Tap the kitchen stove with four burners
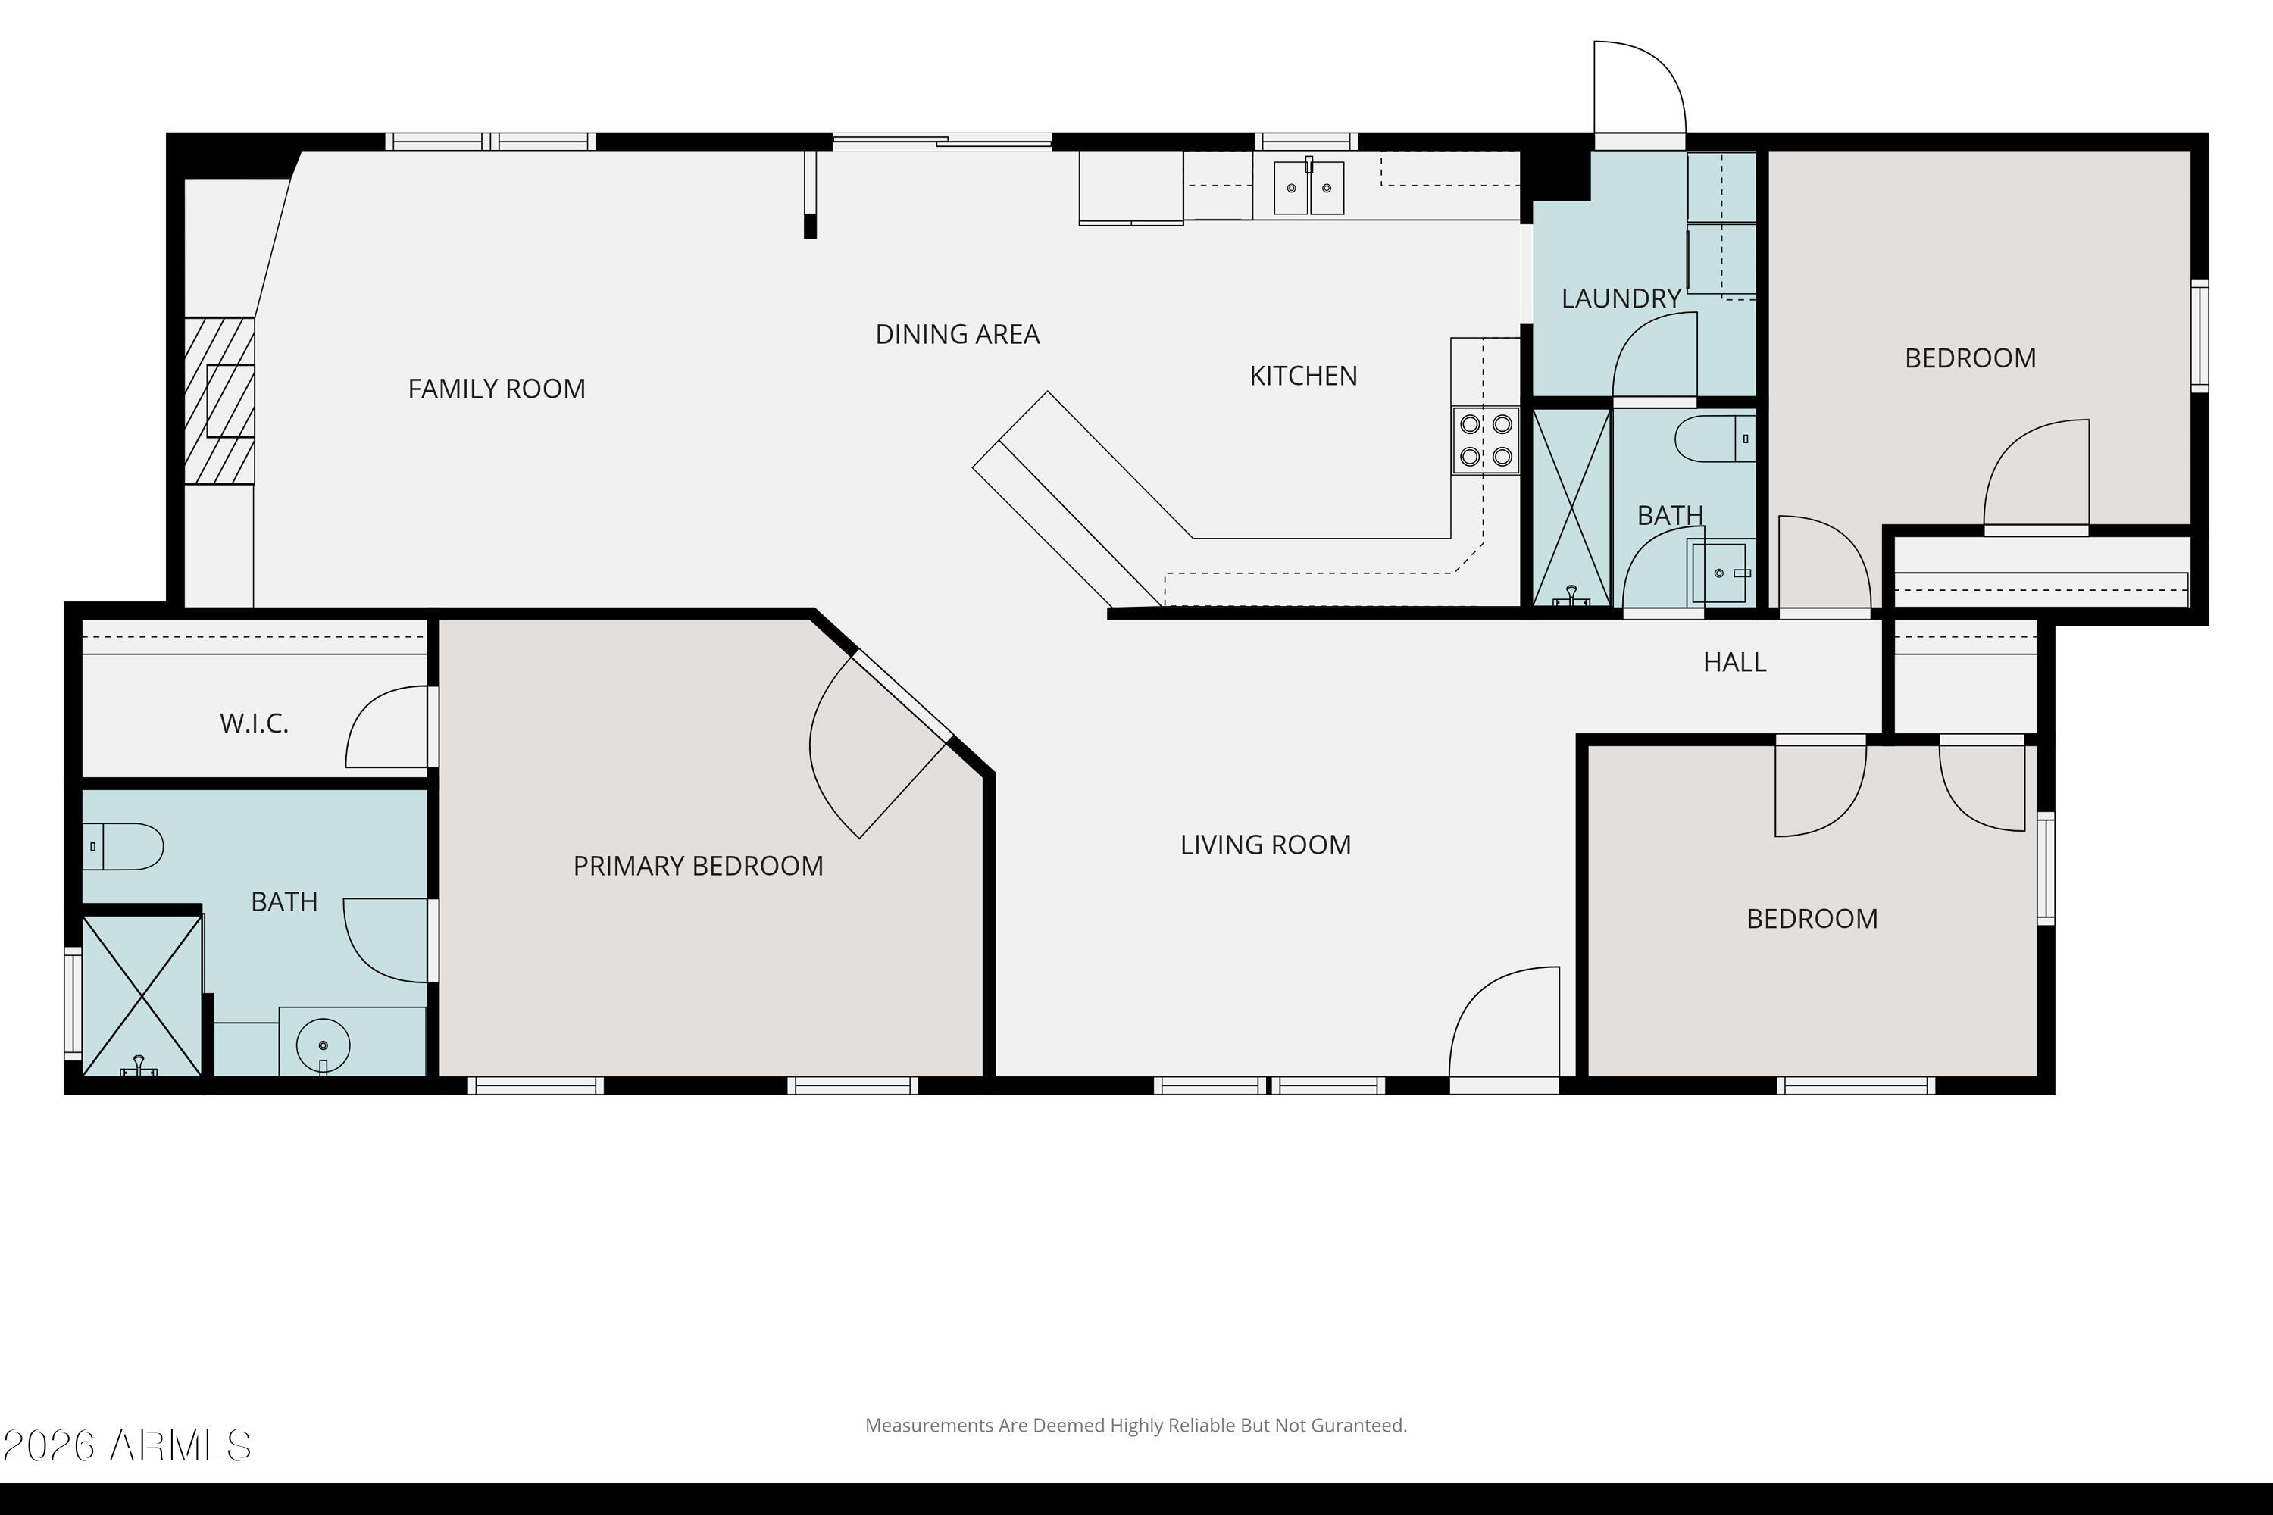pos(1485,441)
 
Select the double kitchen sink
pos(1308,187)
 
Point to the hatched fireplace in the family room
pos(220,400)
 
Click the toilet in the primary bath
pos(123,846)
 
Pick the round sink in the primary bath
pos(323,1045)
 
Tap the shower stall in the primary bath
pos(142,995)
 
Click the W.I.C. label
pos(254,723)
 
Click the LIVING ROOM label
pos(1265,845)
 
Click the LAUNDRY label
pos(1621,298)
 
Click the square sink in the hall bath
pos(1719,573)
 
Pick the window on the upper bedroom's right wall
pos(2199,336)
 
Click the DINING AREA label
pos(957,334)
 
